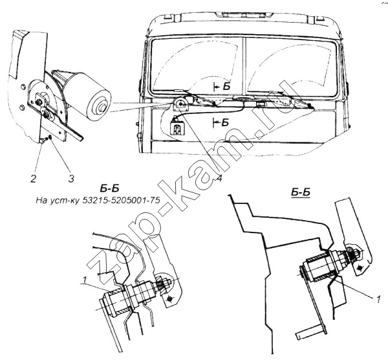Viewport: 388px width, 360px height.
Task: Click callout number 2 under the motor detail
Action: click(33, 178)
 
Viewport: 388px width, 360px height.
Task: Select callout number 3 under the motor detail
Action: click(71, 179)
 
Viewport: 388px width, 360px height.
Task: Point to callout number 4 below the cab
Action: click(219, 177)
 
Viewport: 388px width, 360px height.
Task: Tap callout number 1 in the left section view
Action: click(85, 280)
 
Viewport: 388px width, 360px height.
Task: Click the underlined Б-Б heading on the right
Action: click(301, 192)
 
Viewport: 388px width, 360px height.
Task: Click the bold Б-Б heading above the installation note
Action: click(110, 188)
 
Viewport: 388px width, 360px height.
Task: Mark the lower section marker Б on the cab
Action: click(225, 122)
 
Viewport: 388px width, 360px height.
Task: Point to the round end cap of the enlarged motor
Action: click(100, 106)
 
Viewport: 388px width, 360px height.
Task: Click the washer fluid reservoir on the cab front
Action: click(177, 126)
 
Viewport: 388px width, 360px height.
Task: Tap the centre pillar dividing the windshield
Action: click(244, 66)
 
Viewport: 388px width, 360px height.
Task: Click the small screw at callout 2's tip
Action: click(42, 141)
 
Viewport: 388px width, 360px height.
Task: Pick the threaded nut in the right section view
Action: click(352, 254)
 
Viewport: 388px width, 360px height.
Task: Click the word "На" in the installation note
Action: click(41, 200)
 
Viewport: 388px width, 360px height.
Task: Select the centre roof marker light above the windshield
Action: click(244, 15)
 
